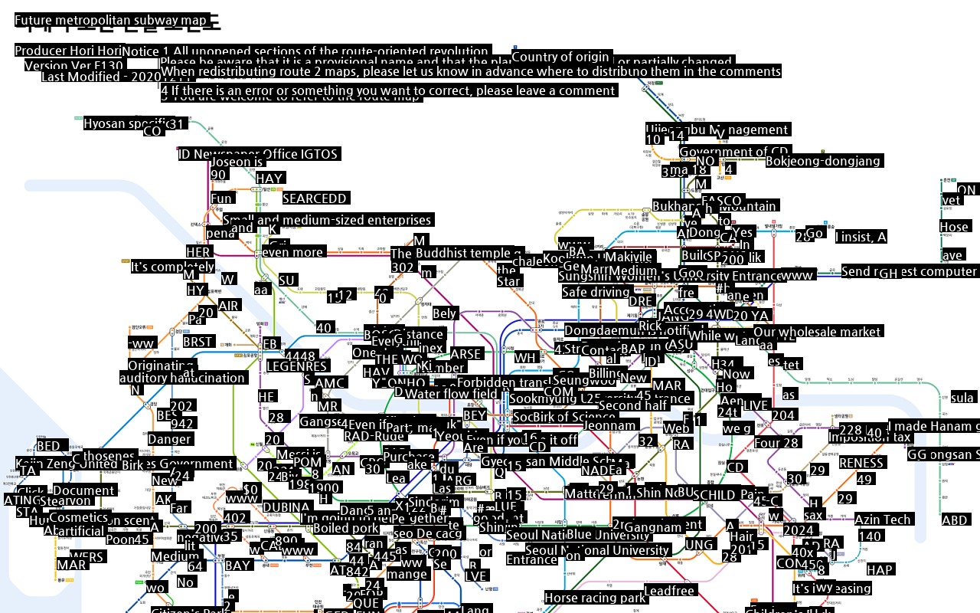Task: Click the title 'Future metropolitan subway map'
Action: click(x=111, y=21)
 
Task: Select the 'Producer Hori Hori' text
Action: click(x=68, y=51)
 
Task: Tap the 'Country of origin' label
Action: click(x=560, y=57)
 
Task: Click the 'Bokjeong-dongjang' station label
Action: click(x=824, y=161)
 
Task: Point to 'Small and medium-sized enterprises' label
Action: click(x=327, y=220)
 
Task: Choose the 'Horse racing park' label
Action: click(x=595, y=598)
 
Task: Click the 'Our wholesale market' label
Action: click(x=818, y=332)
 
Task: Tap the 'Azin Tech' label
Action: click(x=882, y=520)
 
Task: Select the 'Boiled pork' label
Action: click(x=346, y=528)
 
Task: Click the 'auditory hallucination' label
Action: click(x=182, y=378)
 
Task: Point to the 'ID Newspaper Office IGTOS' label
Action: click(x=258, y=154)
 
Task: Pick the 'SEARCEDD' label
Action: click(x=315, y=198)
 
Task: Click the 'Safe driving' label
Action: click(x=595, y=292)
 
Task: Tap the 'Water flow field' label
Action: click(x=452, y=394)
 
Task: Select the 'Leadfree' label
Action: click(x=669, y=591)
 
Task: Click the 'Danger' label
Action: click(x=169, y=440)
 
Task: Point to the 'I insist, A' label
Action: click(x=861, y=238)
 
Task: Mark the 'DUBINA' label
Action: click(x=286, y=507)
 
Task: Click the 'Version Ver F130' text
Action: click(x=73, y=66)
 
